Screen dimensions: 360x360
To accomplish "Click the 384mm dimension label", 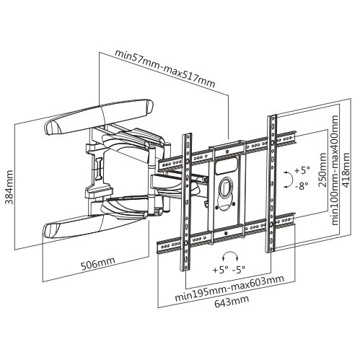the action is coord(9,187).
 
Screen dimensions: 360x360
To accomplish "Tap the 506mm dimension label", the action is coord(98,263).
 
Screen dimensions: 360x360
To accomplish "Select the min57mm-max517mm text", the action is coord(164,69).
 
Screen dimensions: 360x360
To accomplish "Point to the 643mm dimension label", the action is coord(232,301).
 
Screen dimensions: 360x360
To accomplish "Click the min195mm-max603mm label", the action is coord(229,288).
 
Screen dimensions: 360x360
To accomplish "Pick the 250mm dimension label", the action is coord(322,170).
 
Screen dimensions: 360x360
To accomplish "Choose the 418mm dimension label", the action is coord(346,170).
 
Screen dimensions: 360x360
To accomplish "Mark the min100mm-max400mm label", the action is coord(335,170).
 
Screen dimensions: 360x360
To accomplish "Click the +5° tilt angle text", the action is coord(302,170).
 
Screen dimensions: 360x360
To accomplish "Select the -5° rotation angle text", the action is coord(239,269).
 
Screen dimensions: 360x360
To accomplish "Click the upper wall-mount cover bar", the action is coord(99,117).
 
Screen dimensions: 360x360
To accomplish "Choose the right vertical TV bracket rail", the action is coord(272,184).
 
